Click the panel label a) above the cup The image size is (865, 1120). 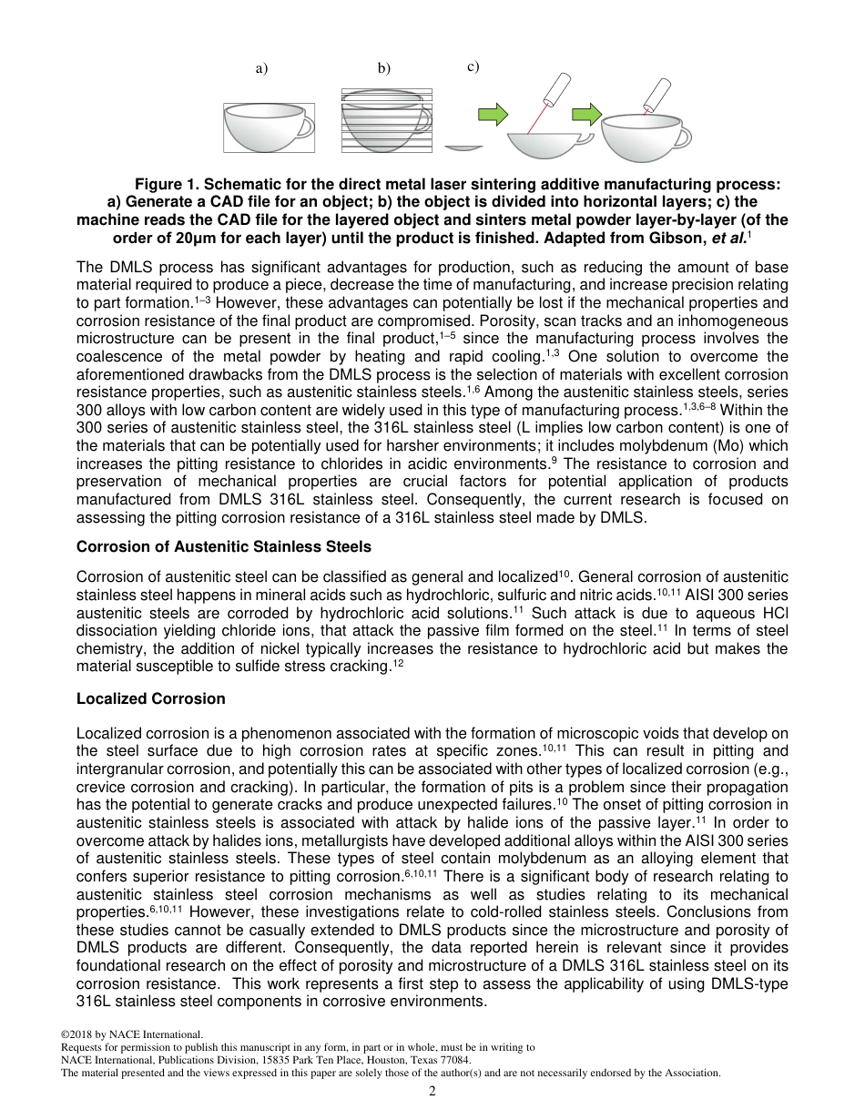coord(261,68)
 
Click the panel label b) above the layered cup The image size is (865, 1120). coord(384,68)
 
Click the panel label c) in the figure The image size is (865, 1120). coord(473,66)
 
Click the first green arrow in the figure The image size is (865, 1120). coord(493,114)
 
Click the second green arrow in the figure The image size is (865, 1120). coord(587,114)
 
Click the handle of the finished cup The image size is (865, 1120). coord(682,136)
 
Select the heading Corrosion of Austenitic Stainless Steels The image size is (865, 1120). coord(224,546)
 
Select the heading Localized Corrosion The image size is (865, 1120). coord(150,698)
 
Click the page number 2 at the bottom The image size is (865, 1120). coord(432,1091)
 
